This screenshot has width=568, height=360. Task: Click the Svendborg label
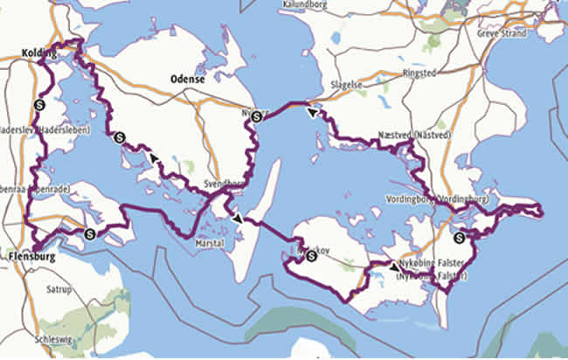tap(223, 185)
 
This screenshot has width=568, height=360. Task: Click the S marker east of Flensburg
tap(90, 233)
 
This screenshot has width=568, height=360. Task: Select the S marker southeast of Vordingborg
tap(460, 236)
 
